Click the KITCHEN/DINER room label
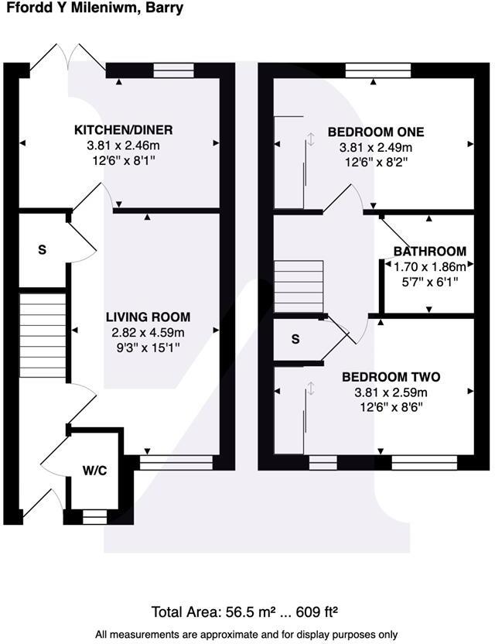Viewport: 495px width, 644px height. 123,129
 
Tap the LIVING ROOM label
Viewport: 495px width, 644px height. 148,317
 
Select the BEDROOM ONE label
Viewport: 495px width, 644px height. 376,131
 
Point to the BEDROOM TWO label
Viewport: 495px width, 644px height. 391,377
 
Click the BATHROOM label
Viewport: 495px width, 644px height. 430,252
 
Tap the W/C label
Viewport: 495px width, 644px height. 95,469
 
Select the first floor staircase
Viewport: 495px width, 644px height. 299,286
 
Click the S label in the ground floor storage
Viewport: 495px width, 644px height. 43,250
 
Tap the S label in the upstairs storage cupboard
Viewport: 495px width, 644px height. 295,339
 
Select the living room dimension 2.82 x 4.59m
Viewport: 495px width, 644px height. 147,333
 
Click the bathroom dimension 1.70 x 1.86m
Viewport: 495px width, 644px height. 430,267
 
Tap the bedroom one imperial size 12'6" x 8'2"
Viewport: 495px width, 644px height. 376,162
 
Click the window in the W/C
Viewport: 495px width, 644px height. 94,516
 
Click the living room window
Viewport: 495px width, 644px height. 176,462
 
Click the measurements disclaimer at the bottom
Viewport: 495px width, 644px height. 247,635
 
